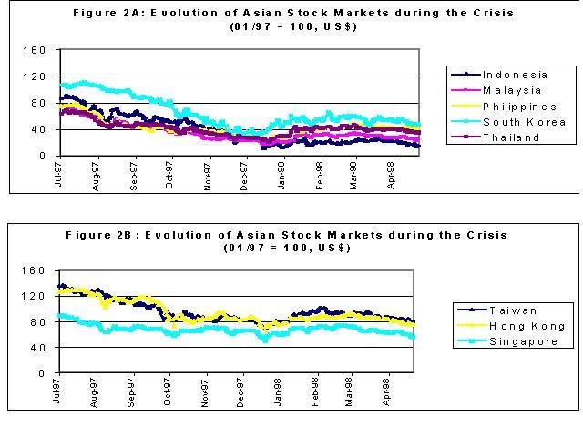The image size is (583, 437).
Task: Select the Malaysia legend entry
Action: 511,90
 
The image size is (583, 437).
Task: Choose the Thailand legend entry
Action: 510,138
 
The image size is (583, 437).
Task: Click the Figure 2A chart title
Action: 292,14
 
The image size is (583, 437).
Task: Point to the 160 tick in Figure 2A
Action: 34,50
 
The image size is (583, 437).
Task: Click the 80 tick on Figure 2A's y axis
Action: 38,103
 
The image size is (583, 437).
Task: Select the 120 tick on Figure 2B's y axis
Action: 34,296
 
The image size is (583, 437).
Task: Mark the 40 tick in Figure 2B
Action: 38,348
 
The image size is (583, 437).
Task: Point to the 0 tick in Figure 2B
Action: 42,373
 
